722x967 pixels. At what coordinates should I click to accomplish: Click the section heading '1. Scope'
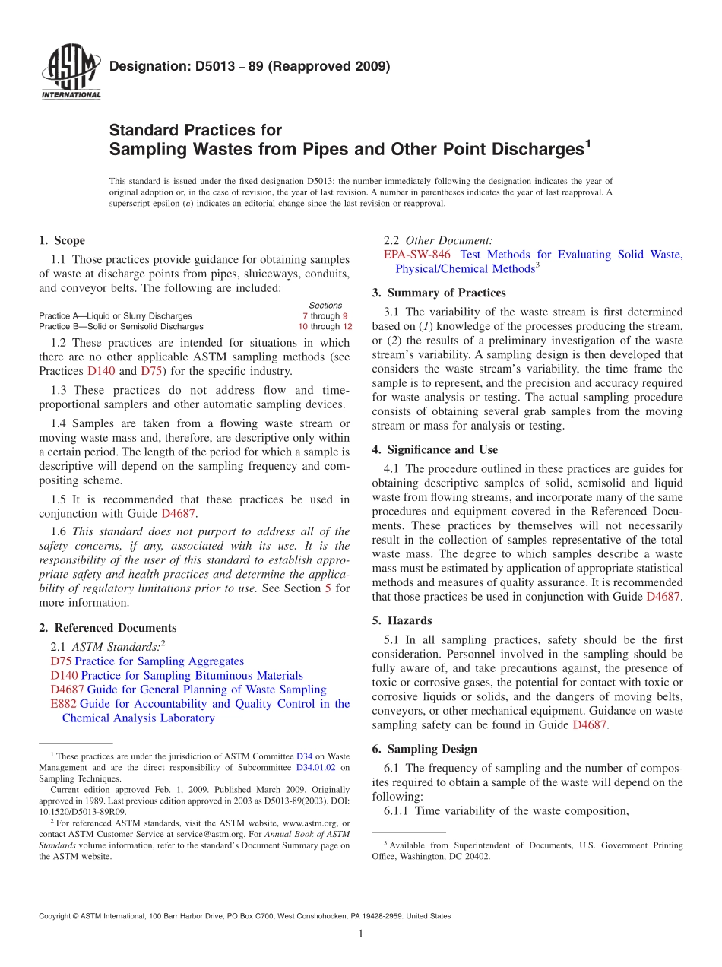tap(62, 240)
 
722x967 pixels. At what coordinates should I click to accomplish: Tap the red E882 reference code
tap(63, 704)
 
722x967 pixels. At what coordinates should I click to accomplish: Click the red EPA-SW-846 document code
tap(416, 255)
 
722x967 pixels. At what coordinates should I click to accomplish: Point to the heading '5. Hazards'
tap(401, 620)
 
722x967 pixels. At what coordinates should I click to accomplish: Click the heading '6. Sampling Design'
tap(424, 749)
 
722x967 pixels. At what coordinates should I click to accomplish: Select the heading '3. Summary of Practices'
tap(439, 293)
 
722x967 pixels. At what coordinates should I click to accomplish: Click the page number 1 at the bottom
tap(361, 934)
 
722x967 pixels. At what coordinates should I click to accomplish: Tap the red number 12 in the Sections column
tap(347, 326)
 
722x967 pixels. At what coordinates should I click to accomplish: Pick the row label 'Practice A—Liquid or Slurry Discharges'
tap(115, 315)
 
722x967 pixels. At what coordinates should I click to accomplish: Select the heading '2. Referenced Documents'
tap(107, 628)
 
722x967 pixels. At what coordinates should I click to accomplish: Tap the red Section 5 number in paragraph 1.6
tap(328, 588)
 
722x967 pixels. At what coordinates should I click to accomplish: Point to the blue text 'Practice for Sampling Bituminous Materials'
tap(192, 676)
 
